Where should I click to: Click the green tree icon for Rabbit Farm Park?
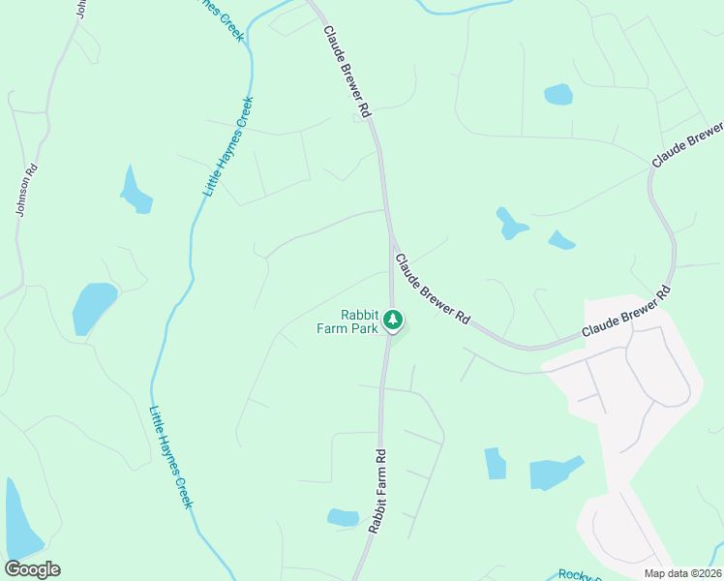(392, 319)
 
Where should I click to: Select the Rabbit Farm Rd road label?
(377, 491)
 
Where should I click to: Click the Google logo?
(32, 569)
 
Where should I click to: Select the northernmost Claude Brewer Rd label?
(347, 73)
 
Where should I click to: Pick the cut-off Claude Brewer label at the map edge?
(688, 144)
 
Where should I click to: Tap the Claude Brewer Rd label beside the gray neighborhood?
(626, 314)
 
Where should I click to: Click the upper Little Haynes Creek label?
(229, 146)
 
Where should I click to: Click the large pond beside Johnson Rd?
(94, 307)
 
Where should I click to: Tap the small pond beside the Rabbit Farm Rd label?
(343, 517)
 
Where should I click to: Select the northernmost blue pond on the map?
(558, 94)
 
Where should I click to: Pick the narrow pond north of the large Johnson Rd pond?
(136, 192)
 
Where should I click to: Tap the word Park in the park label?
(362, 328)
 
